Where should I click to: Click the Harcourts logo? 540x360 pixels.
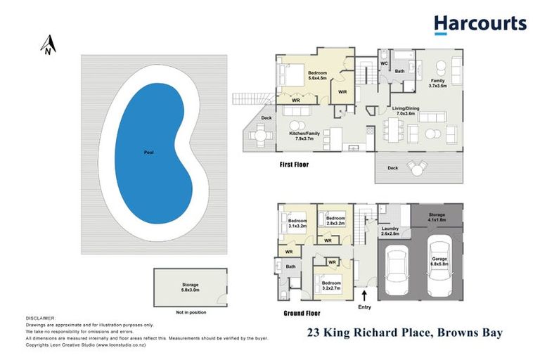point(480,25)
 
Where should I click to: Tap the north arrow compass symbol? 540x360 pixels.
point(46,46)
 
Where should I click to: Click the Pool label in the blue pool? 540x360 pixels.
point(148,152)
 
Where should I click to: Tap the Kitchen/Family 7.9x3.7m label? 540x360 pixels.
point(305,136)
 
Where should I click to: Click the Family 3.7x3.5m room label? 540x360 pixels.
point(438,83)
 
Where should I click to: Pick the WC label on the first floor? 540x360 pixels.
point(385,63)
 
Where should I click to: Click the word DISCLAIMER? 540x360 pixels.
point(40,319)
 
